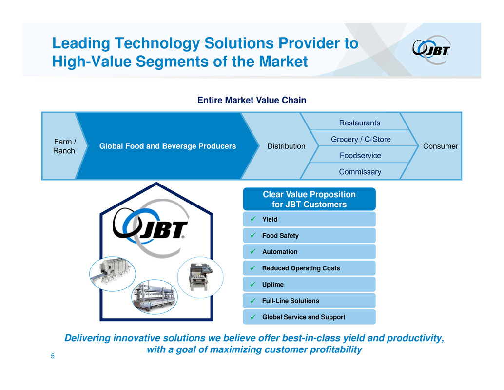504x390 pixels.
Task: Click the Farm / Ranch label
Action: (x=64, y=146)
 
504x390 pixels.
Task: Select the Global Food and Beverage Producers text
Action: (x=168, y=146)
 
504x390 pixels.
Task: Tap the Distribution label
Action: (x=286, y=146)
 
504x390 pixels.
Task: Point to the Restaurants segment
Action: (x=359, y=123)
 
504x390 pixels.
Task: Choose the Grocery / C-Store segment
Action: (x=361, y=139)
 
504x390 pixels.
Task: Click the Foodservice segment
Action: (x=360, y=155)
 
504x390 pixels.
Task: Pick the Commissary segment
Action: (x=360, y=172)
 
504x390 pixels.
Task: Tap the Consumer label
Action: (x=440, y=146)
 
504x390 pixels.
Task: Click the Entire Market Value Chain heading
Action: (x=252, y=100)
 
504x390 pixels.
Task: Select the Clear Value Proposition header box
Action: (x=309, y=199)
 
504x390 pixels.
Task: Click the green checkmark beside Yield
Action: (x=253, y=219)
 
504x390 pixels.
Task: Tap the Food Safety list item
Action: (x=309, y=236)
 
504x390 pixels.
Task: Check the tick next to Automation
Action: (x=253, y=251)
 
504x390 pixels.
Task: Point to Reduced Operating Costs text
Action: (x=301, y=268)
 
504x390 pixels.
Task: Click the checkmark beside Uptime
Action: (x=253, y=284)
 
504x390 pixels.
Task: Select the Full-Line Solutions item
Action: (x=309, y=301)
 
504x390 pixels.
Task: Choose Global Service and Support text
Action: (x=304, y=317)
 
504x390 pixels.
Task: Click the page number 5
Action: (x=53, y=356)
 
